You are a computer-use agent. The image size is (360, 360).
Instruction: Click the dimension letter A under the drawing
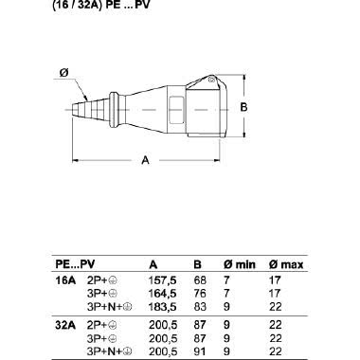(x=145, y=160)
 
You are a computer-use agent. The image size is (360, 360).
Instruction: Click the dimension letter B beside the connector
(x=243, y=107)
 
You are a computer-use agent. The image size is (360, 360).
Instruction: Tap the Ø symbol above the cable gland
(x=63, y=73)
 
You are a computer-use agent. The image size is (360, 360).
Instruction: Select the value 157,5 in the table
(x=162, y=280)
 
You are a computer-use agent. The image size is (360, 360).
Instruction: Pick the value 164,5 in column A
(x=162, y=294)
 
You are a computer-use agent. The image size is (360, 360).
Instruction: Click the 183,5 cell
(x=162, y=307)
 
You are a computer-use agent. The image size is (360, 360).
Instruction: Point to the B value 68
(x=200, y=280)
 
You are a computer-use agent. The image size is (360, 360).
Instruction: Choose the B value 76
(x=200, y=294)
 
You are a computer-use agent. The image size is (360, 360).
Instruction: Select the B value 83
(x=200, y=307)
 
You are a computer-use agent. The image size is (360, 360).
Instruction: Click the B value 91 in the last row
(x=200, y=351)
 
